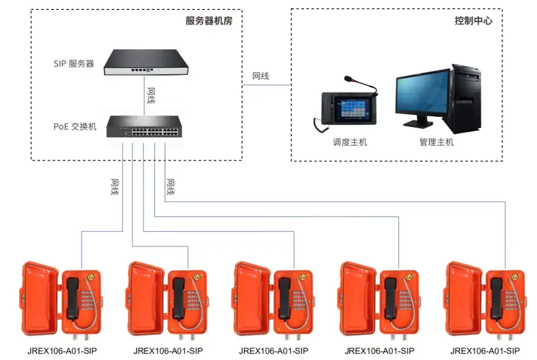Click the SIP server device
(x=146, y=62)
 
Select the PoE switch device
(x=144, y=127)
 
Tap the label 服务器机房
(x=209, y=20)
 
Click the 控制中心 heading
(x=473, y=20)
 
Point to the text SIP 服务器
(x=74, y=64)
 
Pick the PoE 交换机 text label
(x=75, y=127)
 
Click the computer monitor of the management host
(x=423, y=97)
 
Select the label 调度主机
(x=350, y=142)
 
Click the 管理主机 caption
(x=437, y=142)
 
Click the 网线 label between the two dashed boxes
(x=261, y=76)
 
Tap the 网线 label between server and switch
(x=151, y=95)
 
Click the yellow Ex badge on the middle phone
(x=303, y=277)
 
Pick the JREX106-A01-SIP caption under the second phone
(x=168, y=351)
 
